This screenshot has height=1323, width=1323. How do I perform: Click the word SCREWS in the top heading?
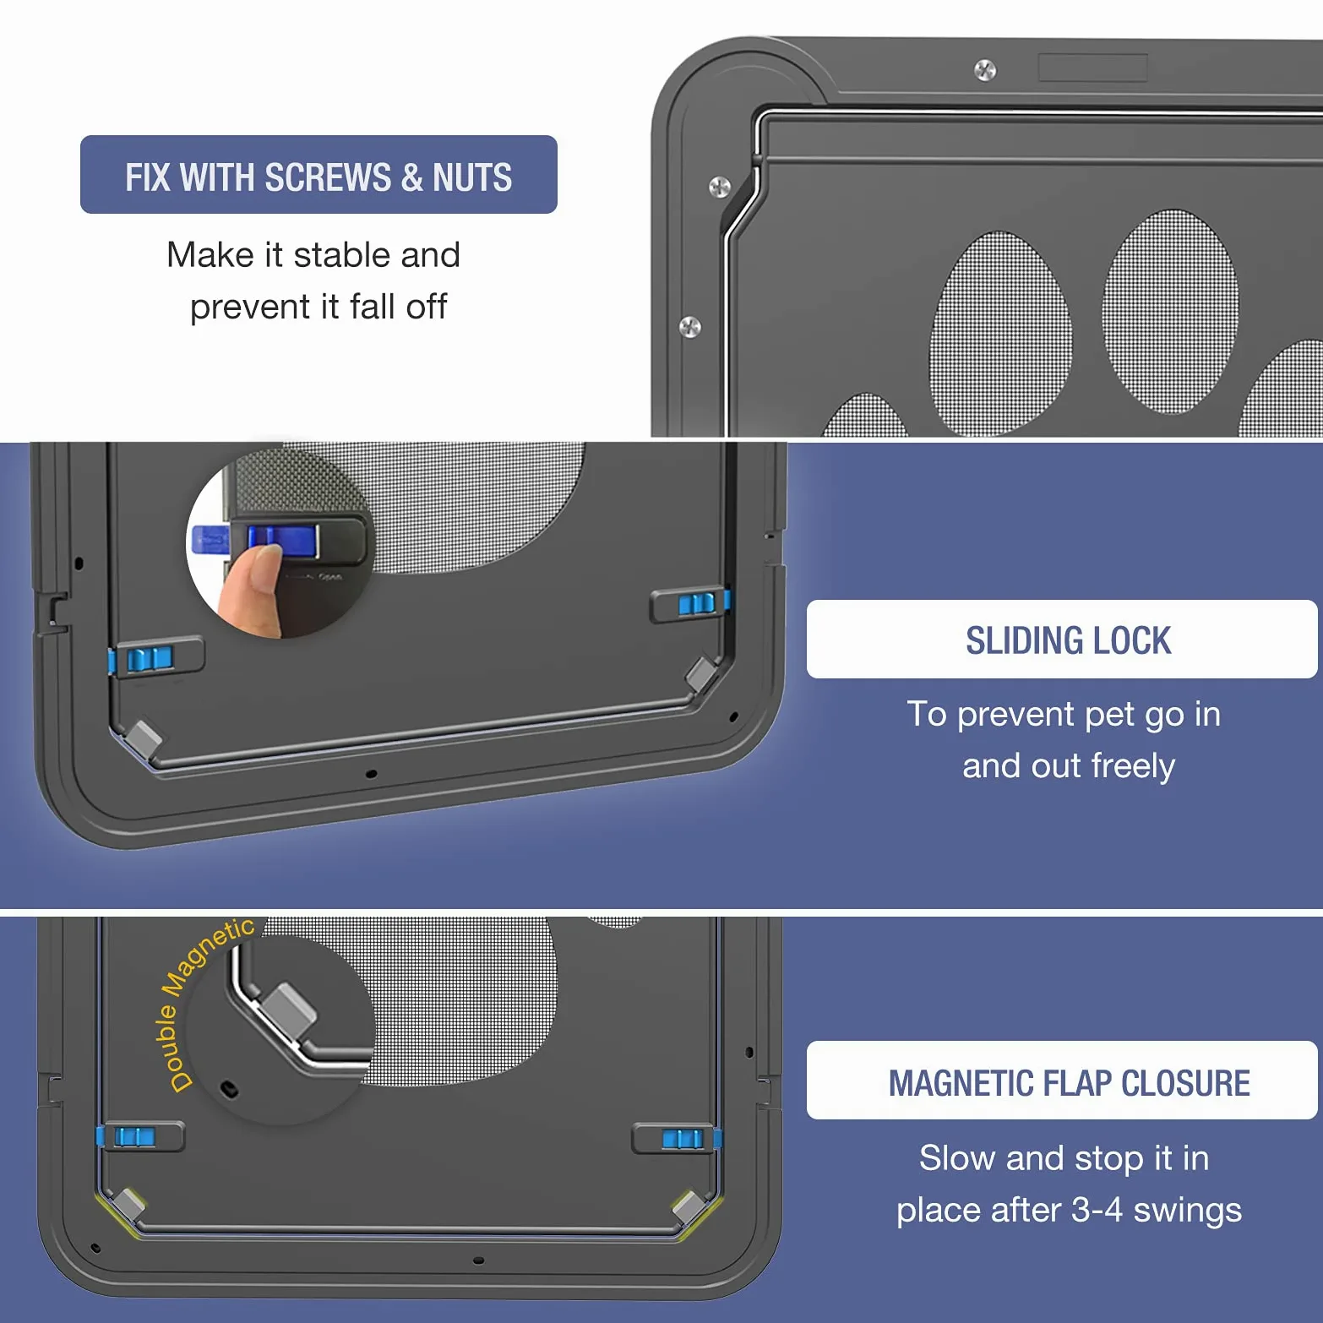[x=328, y=177]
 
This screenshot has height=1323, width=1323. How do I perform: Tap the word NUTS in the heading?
[x=472, y=177]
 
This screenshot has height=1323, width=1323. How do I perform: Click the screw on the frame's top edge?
[x=985, y=70]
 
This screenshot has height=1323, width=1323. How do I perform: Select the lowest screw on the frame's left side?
[x=690, y=326]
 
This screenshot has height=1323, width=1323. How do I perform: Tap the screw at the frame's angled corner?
[x=719, y=187]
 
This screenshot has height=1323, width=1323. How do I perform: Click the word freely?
[x=1133, y=766]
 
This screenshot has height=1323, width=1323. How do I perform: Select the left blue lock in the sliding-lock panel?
[x=149, y=659]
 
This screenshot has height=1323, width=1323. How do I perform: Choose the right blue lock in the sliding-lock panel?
[x=697, y=603]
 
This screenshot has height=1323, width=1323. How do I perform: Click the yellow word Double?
[x=171, y=1048]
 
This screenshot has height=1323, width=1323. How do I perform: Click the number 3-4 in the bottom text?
[x=1097, y=1210]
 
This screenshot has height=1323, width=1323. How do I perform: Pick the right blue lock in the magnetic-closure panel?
[x=683, y=1139]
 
